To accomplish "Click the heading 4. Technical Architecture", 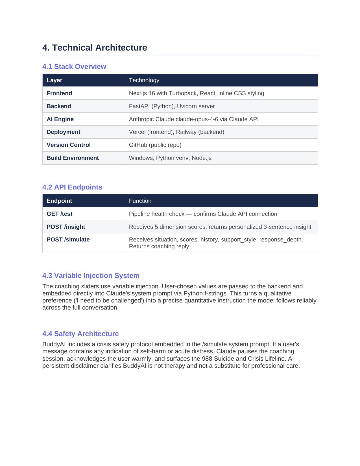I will pyautogui.click(x=95, y=48).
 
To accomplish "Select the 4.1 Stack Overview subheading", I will pyautogui.click(x=74, y=67).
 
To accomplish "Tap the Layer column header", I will pyautogui.click(x=54, y=80).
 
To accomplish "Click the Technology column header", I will pyautogui.click(x=144, y=80).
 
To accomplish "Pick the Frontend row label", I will pyautogui.click(x=59, y=93).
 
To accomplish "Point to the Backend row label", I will pyautogui.click(x=59, y=106).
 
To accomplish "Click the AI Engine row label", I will pyautogui.click(x=60, y=119).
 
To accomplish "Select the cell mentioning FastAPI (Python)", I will pyautogui.click(x=172, y=106).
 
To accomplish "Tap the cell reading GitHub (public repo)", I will pyautogui.click(x=155, y=145).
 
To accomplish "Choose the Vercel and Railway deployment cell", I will pyautogui.click(x=176, y=132).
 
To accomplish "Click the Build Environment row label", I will pyautogui.click(x=73, y=158).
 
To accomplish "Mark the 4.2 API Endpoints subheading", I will pyautogui.click(x=72, y=187).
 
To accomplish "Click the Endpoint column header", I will pyautogui.click(x=59, y=201).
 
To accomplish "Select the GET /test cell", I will pyautogui.click(x=59, y=214).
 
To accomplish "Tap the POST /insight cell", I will pyautogui.click(x=66, y=227).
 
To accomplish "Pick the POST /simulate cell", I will pyautogui.click(x=68, y=239).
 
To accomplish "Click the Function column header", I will pyautogui.click(x=140, y=201).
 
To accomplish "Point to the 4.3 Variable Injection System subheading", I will pyautogui.click(x=91, y=276).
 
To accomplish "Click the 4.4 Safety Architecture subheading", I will pyautogui.click(x=80, y=334).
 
